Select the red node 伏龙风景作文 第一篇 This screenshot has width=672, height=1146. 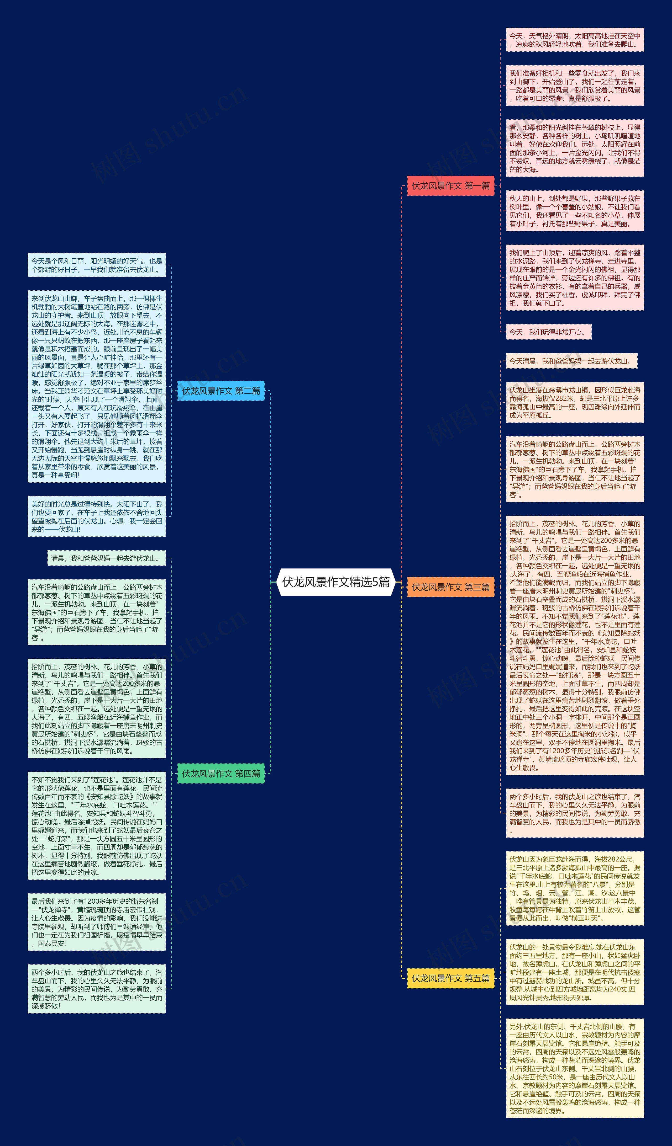(450, 185)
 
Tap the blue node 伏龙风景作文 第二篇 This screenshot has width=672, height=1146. (221, 391)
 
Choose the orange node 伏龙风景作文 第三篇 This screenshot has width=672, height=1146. (450, 587)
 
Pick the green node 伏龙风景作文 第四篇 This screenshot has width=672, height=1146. (221, 773)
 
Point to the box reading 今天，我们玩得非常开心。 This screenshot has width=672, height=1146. (548, 332)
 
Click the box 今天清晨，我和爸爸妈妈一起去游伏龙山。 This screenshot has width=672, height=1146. (571, 361)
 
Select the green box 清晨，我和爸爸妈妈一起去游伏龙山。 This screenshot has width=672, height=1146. (107, 558)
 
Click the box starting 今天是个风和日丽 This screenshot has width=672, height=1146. (96, 265)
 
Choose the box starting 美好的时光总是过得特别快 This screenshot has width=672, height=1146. (96, 516)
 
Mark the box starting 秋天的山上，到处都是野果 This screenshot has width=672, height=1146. (575, 211)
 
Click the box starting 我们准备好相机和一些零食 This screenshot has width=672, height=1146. (575, 86)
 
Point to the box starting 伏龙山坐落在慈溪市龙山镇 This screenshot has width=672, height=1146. (575, 402)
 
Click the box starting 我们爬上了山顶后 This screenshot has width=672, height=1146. (575, 278)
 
